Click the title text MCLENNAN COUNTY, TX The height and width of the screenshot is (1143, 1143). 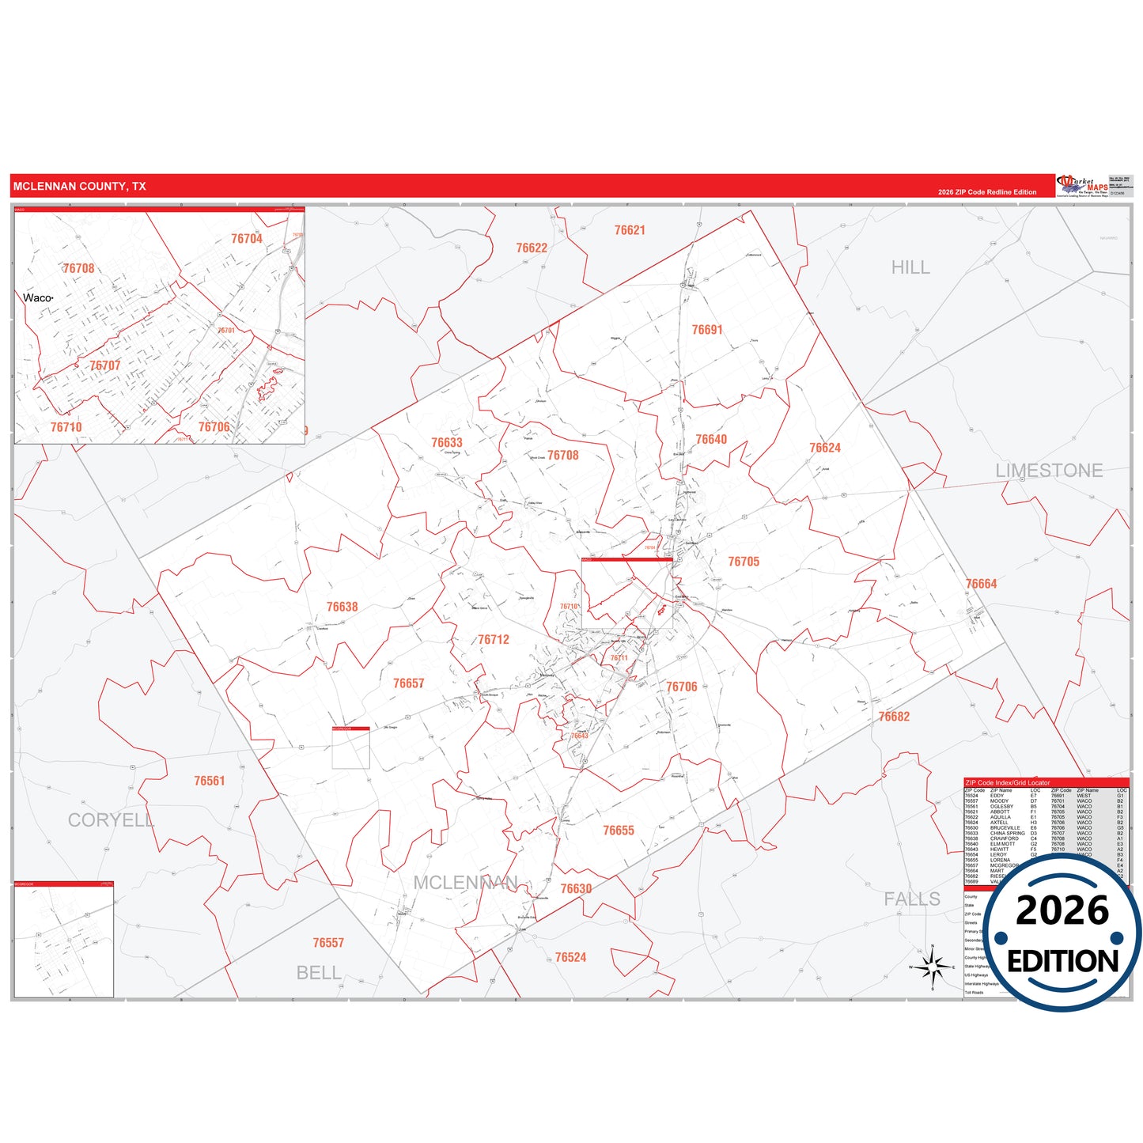[79, 187]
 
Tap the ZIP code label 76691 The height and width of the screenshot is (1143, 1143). [707, 330]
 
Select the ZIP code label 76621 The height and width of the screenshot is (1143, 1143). [630, 230]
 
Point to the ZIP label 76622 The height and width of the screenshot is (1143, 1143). [532, 248]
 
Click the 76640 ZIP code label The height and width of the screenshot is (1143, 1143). [711, 440]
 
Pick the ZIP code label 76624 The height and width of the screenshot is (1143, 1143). [825, 448]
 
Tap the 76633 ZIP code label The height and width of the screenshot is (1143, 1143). [447, 443]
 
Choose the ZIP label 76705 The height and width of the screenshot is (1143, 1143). [744, 562]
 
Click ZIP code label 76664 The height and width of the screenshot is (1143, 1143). [982, 584]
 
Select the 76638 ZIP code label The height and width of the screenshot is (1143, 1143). [343, 607]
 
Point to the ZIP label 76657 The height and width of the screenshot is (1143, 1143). [409, 683]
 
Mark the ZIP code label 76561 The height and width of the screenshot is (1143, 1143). [210, 781]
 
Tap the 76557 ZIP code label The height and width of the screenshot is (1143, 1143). [328, 943]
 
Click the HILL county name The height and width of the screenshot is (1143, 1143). [910, 268]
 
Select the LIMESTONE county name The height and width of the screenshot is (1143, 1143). [1049, 471]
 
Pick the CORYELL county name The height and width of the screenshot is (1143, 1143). [111, 820]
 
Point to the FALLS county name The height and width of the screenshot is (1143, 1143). [912, 899]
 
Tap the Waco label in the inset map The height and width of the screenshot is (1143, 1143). [37, 298]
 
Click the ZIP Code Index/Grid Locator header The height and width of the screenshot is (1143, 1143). [1007, 782]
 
